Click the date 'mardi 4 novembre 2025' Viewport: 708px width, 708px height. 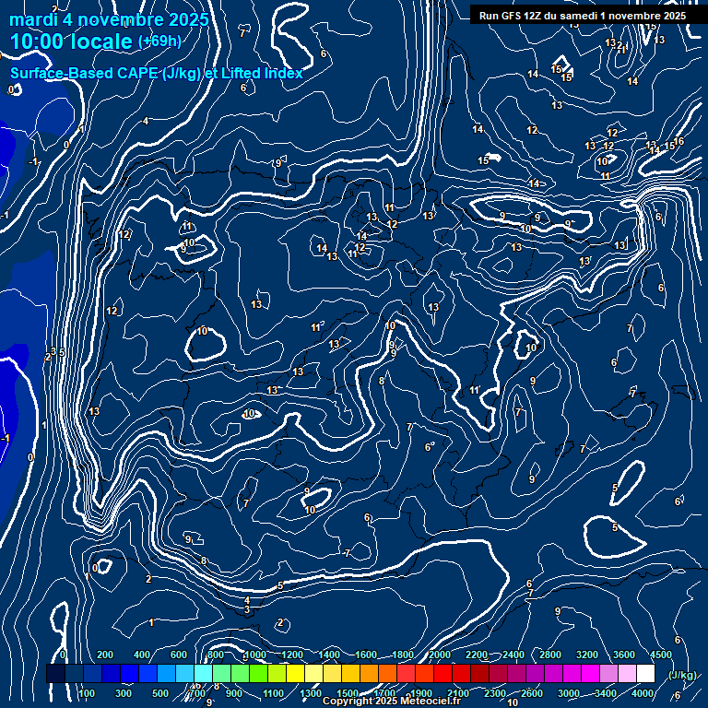point(109,19)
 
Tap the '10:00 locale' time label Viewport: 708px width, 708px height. point(72,41)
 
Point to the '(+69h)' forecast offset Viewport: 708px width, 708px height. point(159,41)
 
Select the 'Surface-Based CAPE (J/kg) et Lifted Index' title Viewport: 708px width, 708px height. point(156,73)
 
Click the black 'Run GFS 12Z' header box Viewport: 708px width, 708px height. point(582,16)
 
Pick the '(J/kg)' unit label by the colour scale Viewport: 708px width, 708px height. point(681,675)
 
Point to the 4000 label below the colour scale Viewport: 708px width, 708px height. point(644,693)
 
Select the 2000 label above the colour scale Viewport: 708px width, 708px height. point(440,655)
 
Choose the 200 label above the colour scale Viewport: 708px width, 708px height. point(105,655)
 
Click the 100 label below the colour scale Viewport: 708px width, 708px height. point(86,693)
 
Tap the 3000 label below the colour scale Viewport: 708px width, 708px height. point(569,693)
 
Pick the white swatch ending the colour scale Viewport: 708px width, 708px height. point(645,674)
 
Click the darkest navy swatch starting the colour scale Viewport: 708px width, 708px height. point(55,674)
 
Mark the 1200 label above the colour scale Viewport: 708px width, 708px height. point(291,655)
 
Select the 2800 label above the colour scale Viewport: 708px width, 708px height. point(550,655)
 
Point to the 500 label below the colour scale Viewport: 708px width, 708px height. point(160,693)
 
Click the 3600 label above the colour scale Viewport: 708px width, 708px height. point(624,655)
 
